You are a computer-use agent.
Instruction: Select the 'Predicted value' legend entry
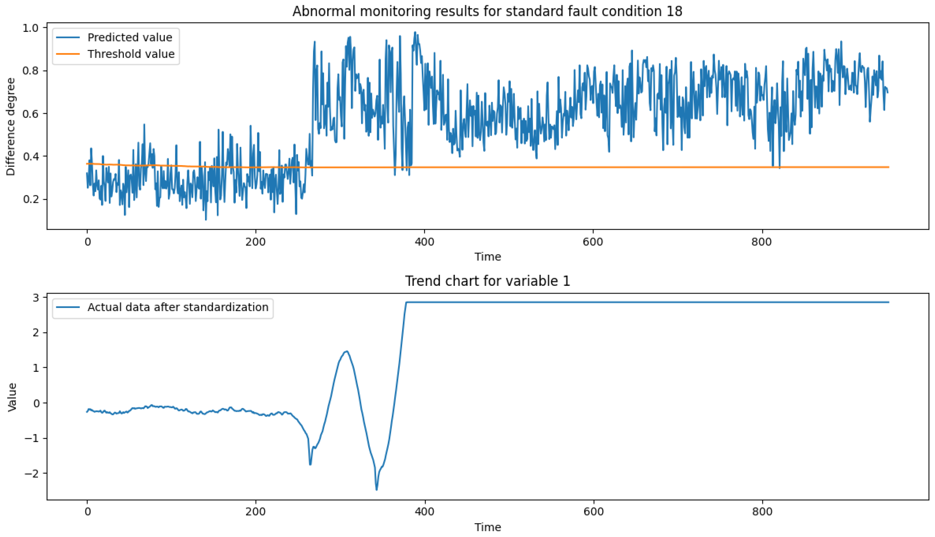coord(130,37)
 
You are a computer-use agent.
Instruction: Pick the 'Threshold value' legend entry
coord(131,54)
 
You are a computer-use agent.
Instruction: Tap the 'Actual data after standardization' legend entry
coord(178,307)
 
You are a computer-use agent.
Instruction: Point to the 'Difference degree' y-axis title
coord(11,127)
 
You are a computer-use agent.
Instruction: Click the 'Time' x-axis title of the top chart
coord(488,257)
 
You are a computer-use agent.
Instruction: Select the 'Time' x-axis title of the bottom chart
coord(488,527)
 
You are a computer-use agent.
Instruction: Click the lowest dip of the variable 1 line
coord(376,489)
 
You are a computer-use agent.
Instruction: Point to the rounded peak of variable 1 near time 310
coord(347,352)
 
